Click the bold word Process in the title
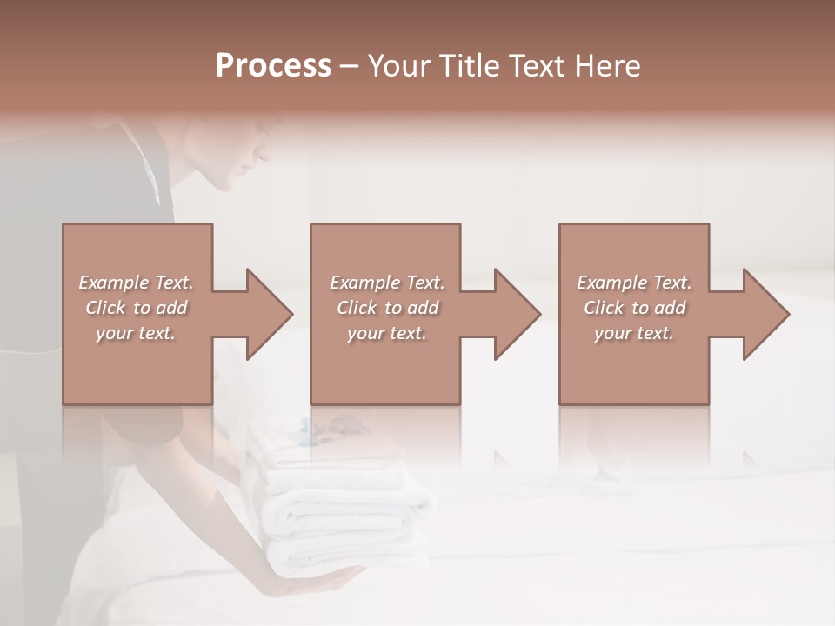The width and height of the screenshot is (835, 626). pos(273,66)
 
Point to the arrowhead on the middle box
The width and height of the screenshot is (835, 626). pos(516,314)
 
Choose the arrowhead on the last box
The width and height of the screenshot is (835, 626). pos(765,314)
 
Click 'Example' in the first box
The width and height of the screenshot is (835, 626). pos(114,283)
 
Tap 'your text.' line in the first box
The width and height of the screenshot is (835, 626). pos(136,333)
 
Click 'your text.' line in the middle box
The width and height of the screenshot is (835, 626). pos(387,333)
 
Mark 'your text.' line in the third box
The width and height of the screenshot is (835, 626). pos(634,333)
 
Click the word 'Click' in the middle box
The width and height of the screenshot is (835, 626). pos(357,308)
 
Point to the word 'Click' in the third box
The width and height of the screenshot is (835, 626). pos(604,308)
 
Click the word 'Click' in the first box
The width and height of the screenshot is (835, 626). pos(105,308)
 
